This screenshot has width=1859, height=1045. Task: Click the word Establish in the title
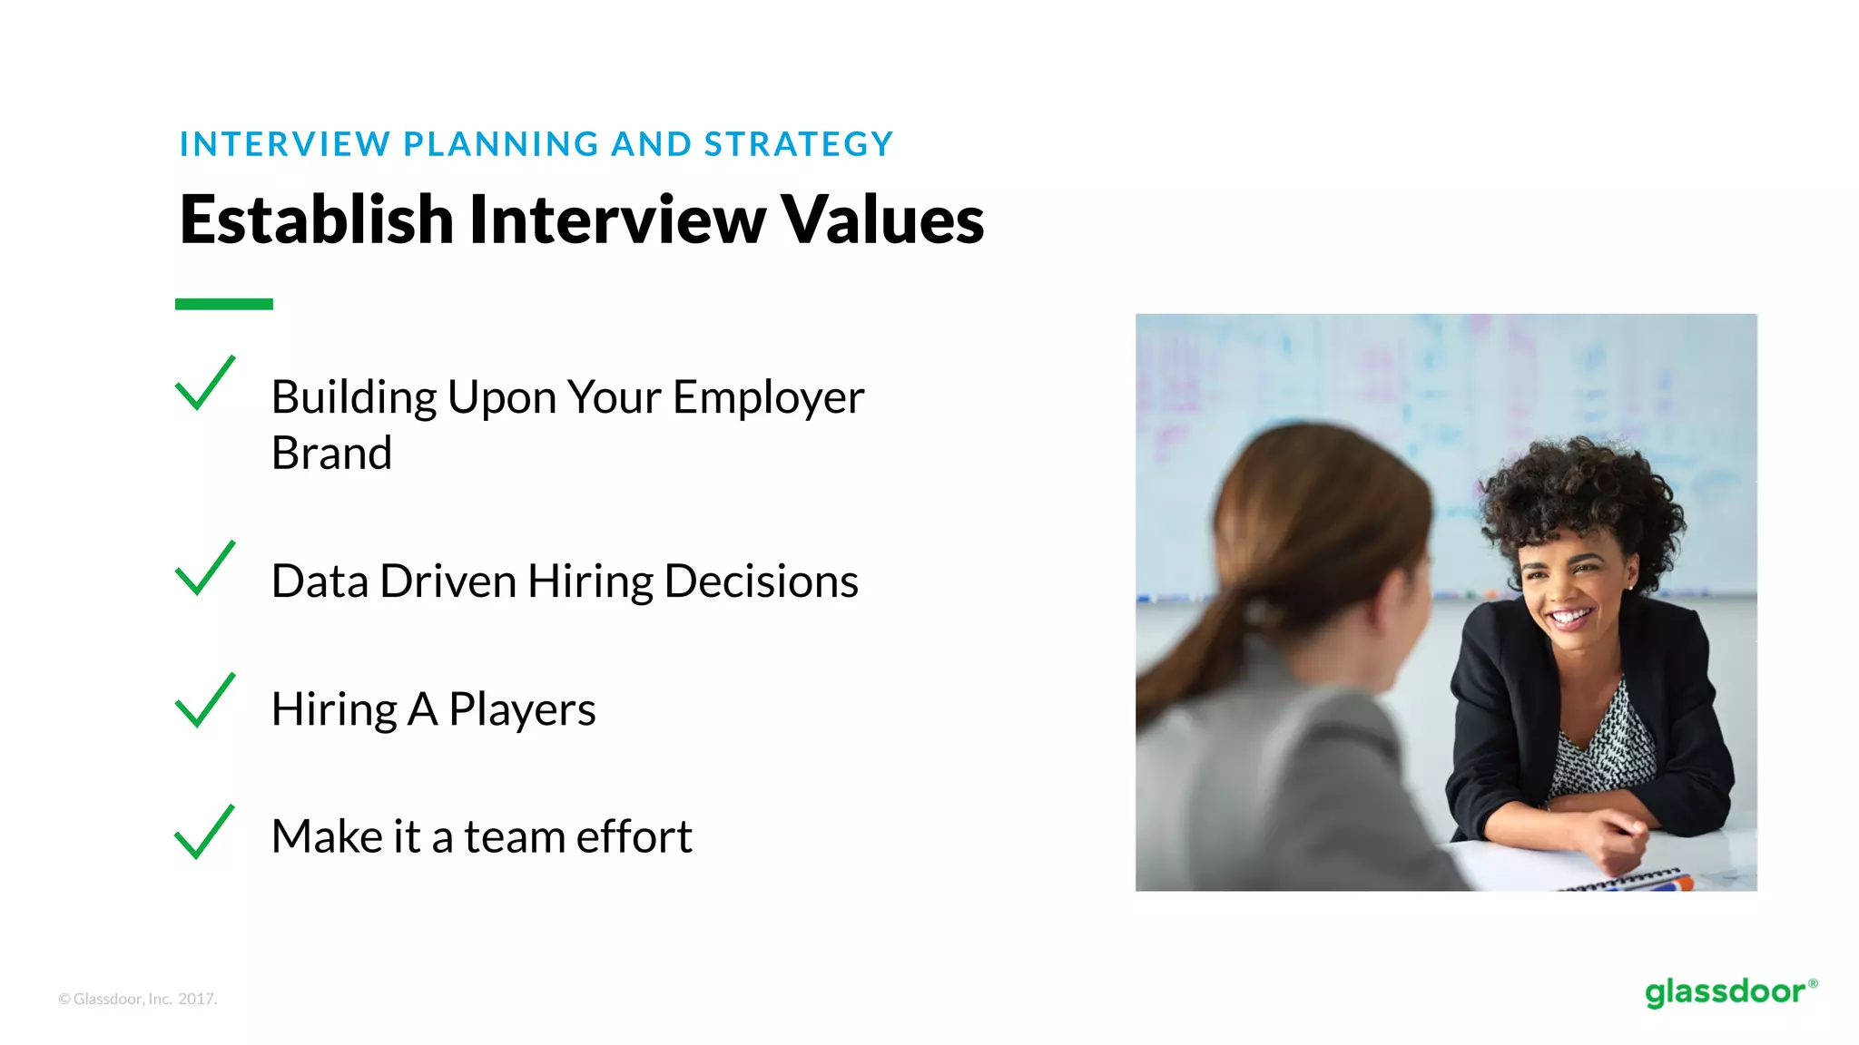[316, 220]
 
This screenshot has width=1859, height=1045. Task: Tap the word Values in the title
[881, 220]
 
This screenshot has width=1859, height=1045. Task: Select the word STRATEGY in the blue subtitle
[799, 144]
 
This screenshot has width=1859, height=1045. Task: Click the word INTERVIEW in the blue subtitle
[284, 144]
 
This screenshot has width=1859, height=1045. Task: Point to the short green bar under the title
[223, 304]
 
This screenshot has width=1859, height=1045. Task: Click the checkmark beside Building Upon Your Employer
[204, 385]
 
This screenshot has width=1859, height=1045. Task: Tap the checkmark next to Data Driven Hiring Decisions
[204, 570]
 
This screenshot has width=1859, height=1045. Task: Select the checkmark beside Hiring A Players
[204, 702]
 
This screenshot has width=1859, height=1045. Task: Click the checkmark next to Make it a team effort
[204, 833]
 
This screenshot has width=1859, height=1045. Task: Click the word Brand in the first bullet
[331, 453]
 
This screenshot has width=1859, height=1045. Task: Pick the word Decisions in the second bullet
[761, 581]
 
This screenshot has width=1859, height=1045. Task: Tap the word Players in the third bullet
[522, 710]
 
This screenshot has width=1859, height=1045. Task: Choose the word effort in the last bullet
[634, 836]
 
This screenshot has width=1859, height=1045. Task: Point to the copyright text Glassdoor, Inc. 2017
[138, 999]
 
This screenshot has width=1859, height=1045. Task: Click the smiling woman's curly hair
[1579, 490]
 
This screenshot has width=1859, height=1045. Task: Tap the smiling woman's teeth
[1569, 618]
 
